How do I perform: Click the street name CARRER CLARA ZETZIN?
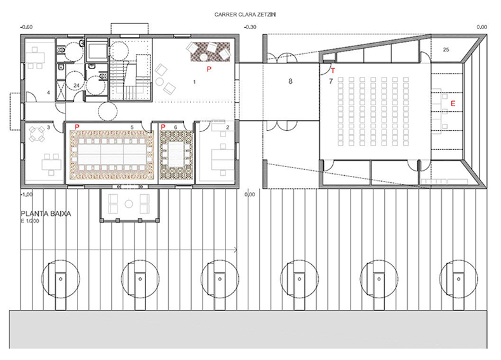pos(244,15)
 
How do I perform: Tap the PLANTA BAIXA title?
pos(46,214)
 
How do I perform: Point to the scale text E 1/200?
pos(30,221)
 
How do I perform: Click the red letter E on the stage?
pos(453,103)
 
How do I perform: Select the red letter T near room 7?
pos(333,70)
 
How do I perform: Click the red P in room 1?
pos(209,69)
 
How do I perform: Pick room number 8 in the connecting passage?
pos(290,81)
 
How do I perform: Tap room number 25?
pos(446,50)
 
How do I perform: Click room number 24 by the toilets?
pos(76,86)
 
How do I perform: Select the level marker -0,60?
pos(27,27)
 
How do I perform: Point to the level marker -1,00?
pos(27,194)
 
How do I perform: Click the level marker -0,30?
pos(250,27)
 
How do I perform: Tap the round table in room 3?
pos(37,134)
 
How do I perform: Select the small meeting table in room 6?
pos(175,154)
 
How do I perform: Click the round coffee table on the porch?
pos(128,204)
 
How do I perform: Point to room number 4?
pos(48,93)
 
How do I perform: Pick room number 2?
pos(227,127)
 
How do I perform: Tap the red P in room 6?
pos(163,127)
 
